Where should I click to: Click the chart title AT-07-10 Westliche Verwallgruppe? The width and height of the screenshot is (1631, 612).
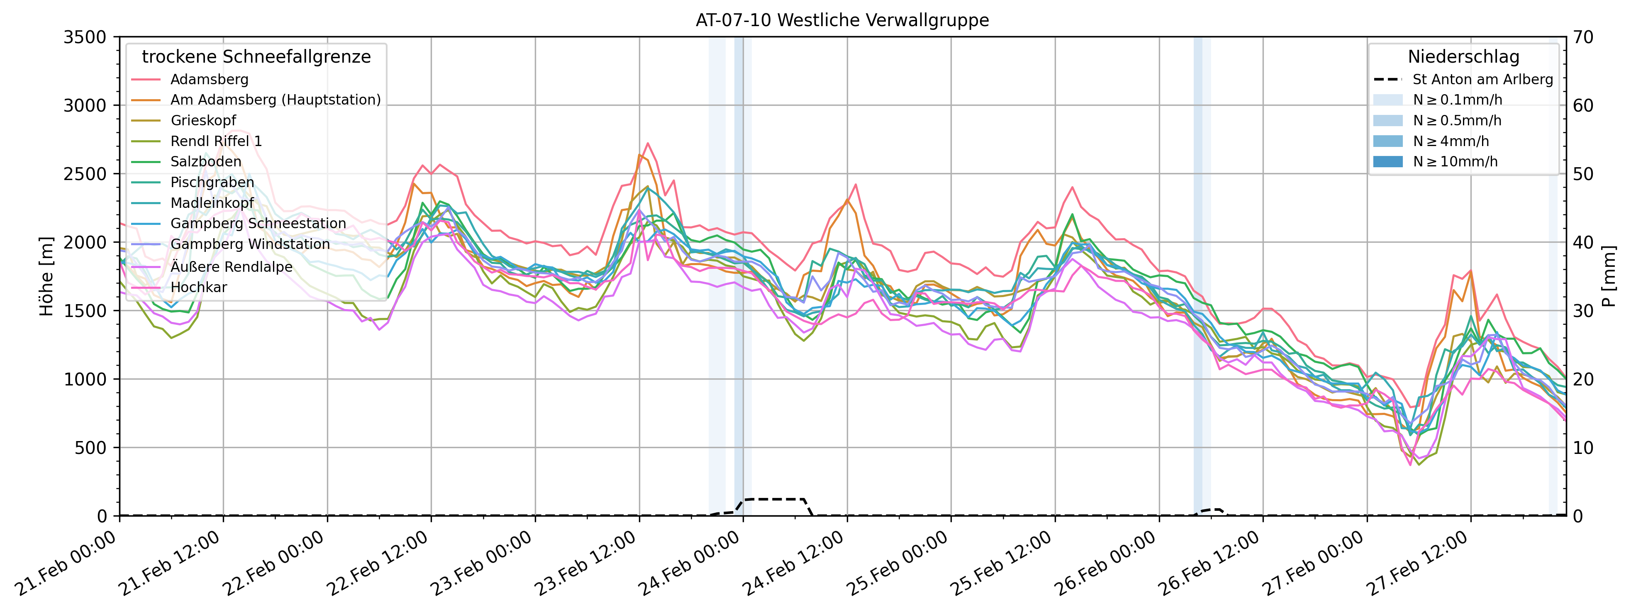pos(842,20)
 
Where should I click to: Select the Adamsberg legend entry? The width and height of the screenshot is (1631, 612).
pos(209,80)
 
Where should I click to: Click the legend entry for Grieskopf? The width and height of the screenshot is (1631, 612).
pos(202,121)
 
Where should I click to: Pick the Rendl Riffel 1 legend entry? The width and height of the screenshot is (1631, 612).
pos(216,141)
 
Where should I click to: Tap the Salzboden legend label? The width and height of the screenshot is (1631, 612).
pos(206,162)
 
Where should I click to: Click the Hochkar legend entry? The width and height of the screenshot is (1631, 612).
pos(198,288)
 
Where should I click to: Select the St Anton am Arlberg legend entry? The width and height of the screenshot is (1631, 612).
pos(1482,80)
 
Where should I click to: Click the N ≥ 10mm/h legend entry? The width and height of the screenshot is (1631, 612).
pos(1455,162)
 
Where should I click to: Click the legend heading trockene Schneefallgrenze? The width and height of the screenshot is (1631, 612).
pos(256,57)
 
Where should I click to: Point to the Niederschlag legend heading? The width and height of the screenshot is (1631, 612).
pos(1463,57)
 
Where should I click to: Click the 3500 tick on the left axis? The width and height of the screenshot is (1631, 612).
pos(85,37)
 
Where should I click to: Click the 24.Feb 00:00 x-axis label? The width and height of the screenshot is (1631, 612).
pos(690,563)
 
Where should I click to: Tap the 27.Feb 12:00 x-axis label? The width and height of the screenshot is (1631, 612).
pos(1418,563)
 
